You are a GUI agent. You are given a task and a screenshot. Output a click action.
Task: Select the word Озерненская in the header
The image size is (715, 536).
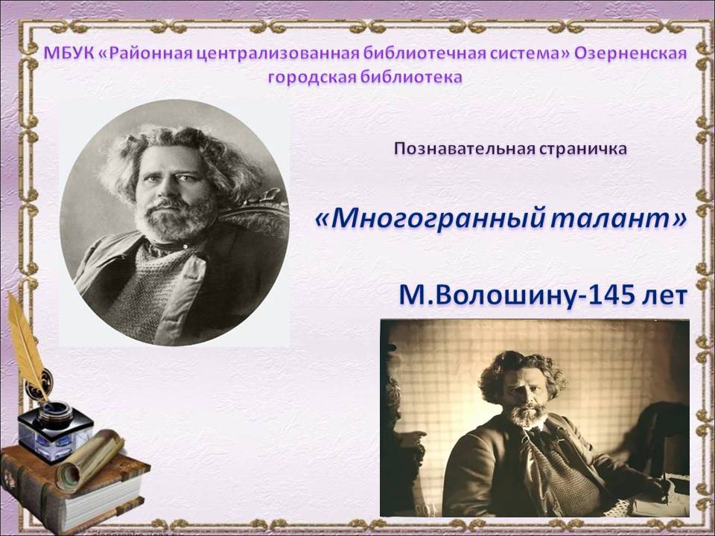click(x=630, y=54)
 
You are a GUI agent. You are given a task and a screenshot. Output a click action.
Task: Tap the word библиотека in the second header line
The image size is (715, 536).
click(x=411, y=77)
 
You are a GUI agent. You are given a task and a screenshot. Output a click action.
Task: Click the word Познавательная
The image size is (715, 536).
click(x=462, y=149)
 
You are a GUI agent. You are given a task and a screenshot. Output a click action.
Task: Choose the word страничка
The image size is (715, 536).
click(x=580, y=149)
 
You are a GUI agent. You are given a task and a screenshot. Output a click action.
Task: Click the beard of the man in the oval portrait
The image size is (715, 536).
click(x=176, y=219)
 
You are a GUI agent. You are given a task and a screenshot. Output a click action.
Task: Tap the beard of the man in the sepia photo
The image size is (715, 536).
click(x=529, y=415)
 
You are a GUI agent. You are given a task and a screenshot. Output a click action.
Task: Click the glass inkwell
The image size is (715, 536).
click(x=54, y=431)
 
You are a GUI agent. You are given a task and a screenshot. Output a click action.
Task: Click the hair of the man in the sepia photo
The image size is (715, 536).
click(x=521, y=371)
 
